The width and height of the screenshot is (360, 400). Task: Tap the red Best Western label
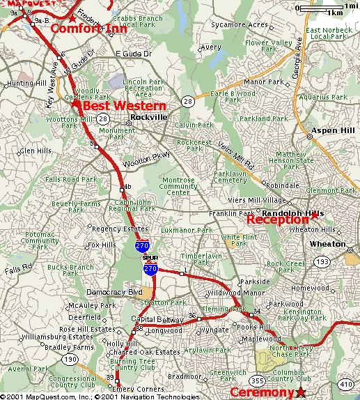tap(125, 106)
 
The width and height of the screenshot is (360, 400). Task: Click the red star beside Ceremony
tap(301, 392)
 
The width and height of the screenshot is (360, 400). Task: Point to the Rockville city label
tap(150, 118)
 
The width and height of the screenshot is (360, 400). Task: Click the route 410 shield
tap(346, 383)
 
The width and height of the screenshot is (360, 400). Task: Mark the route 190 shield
tap(70, 359)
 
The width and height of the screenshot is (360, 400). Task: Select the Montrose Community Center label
tap(178, 187)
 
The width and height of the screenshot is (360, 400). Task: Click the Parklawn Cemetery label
tap(230, 176)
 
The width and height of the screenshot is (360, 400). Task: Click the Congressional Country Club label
tap(72, 381)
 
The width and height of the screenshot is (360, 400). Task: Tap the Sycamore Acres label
tap(240, 25)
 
